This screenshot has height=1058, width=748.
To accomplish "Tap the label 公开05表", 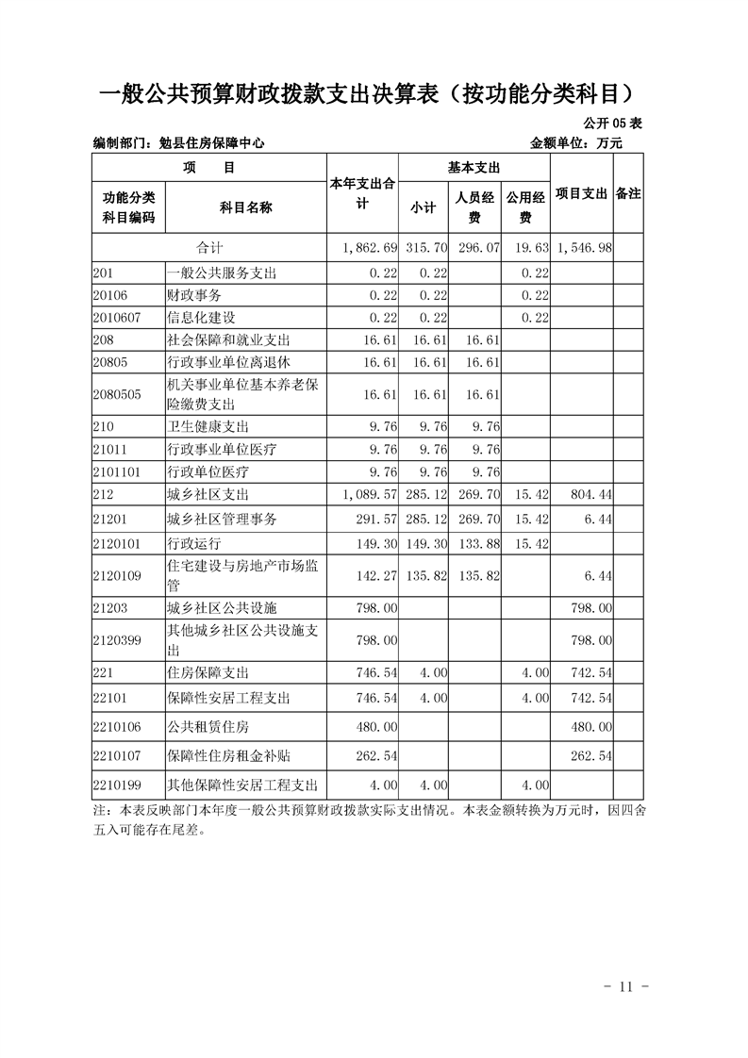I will pyautogui.click(x=613, y=124).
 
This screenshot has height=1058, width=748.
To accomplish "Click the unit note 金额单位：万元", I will pyautogui.click(x=576, y=143).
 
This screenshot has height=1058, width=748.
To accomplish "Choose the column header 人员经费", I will pyautogui.click(x=474, y=207).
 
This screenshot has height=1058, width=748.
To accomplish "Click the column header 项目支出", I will pyautogui.click(x=580, y=192).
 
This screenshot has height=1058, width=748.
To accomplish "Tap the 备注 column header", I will pyautogui.click(x=628, y=192).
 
